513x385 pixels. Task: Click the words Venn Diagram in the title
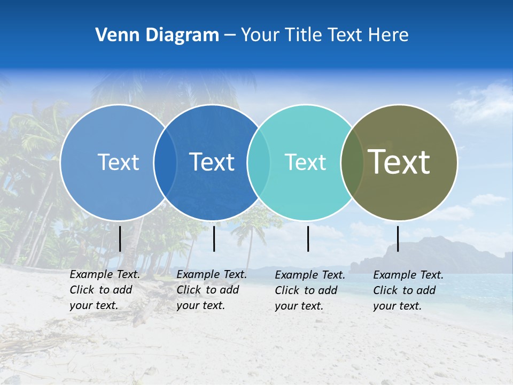(157, 35)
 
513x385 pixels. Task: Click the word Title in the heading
(302, 35)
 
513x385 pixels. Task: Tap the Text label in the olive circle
(399, 161)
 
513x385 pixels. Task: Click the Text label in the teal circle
(305, 162)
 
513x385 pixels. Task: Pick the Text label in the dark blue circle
(212, 162)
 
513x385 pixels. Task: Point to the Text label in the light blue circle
(118, 162)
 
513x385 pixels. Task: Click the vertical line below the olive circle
(398, 238)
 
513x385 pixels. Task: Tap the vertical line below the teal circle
(308, 238)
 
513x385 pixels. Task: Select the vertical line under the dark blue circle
(214, 238)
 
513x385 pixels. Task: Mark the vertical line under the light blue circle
(120, 238)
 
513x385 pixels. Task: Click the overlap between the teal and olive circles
(352, 163)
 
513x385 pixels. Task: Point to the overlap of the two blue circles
(165, 163)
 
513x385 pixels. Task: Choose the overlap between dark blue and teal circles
(259, 163)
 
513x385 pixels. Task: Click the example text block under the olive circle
(408, 290)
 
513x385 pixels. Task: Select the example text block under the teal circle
(309, 290)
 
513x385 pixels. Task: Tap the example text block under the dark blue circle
(211, 290)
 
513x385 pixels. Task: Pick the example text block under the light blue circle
(104, 290)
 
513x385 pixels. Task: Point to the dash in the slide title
(230, 35)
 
